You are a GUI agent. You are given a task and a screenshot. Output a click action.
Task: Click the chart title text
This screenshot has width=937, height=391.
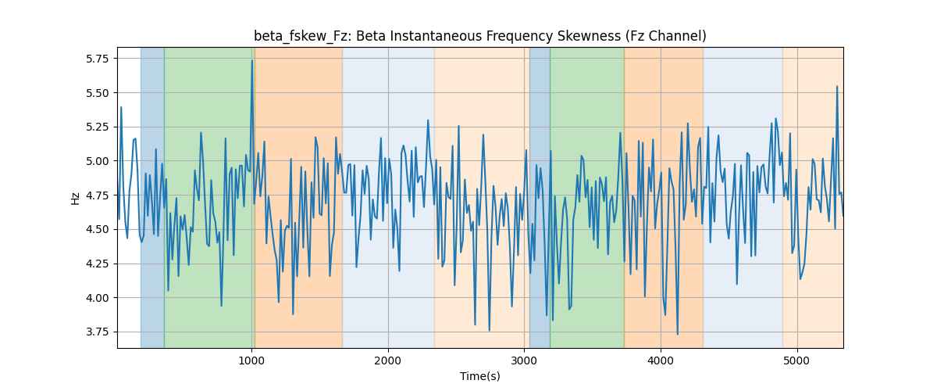[479, 36]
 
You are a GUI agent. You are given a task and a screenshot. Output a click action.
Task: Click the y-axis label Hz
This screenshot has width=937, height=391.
[75, 198]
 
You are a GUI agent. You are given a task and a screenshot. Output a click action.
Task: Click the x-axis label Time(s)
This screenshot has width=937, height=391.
[479, 376]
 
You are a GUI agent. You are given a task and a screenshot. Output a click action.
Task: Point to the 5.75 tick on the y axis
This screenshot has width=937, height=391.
[97, 59]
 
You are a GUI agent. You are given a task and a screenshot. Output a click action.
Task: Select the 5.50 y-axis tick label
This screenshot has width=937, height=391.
[97, 93]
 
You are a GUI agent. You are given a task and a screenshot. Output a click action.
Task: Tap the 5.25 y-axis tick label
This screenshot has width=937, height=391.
[97, 127]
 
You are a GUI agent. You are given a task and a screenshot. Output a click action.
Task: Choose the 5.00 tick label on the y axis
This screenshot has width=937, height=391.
[97, 161]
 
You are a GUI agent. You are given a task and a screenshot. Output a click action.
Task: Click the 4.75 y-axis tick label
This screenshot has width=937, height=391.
[97, 195]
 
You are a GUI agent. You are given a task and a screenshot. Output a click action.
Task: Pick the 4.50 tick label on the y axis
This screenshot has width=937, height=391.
[97, 230]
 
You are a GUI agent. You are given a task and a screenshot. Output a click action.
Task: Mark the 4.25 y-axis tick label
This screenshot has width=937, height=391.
[97, 264]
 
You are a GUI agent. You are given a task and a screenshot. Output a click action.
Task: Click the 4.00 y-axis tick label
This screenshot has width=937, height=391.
[97, 298]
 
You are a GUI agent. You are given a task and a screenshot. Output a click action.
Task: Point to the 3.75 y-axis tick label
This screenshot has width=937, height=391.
[97, 332]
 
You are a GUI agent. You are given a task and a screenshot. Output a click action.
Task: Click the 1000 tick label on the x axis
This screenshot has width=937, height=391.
[251, 361]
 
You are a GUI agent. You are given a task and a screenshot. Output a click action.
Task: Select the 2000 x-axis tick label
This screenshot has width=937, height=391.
[388, 361]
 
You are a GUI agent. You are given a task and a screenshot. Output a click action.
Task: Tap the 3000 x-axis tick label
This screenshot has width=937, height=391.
[524, 361]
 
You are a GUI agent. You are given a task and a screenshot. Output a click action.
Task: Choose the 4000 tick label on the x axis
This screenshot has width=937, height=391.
[661, 361]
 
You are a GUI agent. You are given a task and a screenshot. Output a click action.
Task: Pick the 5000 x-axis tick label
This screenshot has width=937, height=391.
[797, 361]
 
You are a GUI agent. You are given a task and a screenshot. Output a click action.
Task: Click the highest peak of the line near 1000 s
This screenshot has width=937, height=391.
[252, 60]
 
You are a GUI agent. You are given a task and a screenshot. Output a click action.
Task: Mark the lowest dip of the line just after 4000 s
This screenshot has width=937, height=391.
[678, 334]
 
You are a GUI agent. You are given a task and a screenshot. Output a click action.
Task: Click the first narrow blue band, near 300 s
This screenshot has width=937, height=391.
[152, 197]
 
